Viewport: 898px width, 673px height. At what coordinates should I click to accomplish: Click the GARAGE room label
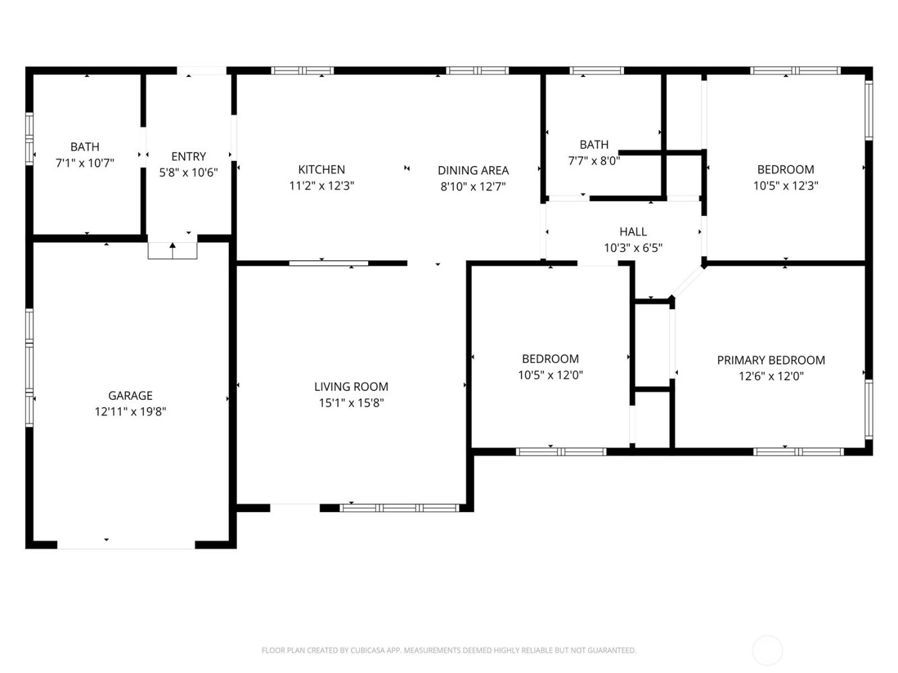click(x=130, y=395)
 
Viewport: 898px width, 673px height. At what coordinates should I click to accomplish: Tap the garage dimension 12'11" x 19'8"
click(x=130, y=411)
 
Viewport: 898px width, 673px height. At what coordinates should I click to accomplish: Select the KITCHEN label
click(x=321, y=169)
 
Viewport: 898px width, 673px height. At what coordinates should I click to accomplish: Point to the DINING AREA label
click(x=473, y=170)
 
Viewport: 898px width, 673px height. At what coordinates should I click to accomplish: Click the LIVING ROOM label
click(x=351, y=386)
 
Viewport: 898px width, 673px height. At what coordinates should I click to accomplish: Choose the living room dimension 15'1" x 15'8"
click(x=351, y=403)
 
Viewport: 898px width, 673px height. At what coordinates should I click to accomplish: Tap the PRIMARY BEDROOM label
click(x=770, y=360)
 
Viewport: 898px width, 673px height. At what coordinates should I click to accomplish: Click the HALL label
click(x=632, y=231)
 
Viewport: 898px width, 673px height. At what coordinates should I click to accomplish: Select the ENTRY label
click(x=189, y=156)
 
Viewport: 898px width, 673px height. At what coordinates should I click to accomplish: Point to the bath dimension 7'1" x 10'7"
click(x=85, y=163)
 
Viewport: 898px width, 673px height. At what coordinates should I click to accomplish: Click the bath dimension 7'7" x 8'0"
click(x=593, y=161)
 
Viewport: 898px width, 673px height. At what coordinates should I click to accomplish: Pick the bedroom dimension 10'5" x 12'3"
click(x=785, y=186)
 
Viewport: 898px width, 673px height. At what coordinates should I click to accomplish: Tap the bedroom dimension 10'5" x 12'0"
click(x=550, y=375)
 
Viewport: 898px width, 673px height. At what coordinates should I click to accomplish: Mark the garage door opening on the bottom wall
click(x=126, y=545)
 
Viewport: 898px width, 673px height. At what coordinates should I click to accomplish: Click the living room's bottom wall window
click(x=399, y=508)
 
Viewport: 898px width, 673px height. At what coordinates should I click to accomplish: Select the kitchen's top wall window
click(x=302, y=71)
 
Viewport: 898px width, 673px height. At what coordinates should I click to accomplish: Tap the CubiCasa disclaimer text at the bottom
click(x=448, y=650)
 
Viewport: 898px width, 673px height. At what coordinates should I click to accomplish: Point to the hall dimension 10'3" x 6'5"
click(x=632, y=247)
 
